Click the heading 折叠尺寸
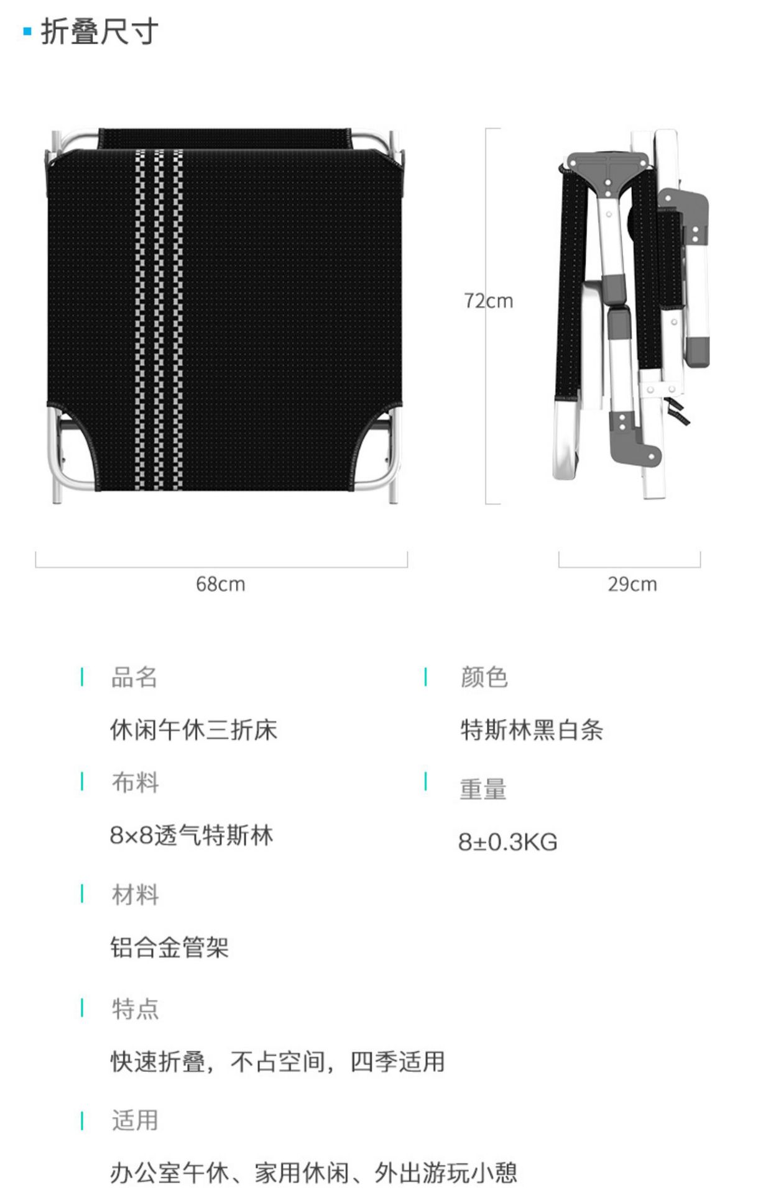pyautogui.click(x=99, y=32)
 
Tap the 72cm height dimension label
pyautogui.click(x=489, y=301)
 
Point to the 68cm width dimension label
pyautogui.click(x=220, y=584)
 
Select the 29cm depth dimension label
pyautogui.click(x=632, y=584)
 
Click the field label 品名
pyautogui.click(x=134, y=677)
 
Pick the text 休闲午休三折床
pyautogui.click(x=193, y=729)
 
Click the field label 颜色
pyautogui.click(x=484, y=677)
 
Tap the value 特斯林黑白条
pyautogui.click(x=532, y=729)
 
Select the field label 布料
pyautogui.click(x=135, y=782)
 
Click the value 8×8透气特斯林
pyautogui.click(x=192, y=835)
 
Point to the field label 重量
pyautogui.click(x=483, y=789)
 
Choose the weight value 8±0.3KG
pyautogui.click(x=507, y=842)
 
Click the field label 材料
pyautogui.click(x=135, y=895)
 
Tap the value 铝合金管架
pyautogui.click(x=170, y=948)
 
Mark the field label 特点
pyautogui.click(x=135, y=1008)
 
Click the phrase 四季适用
pyautogui.click(x=397, y=1061)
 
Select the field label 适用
pyautogui.click(x=135, y=1120)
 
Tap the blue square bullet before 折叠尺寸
pyautogui.click(x=27, y=31)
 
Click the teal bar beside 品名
pyautogui.click(x=82, y=677)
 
